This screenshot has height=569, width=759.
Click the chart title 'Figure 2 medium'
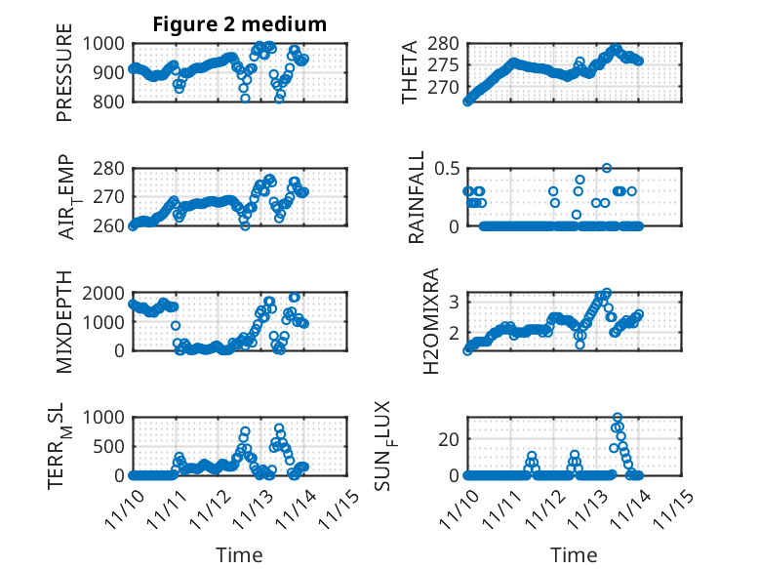click(x=239, y=24)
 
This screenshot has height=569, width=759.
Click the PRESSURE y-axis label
click(x=64, y=79)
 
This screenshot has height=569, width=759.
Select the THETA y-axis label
click(x=411, y=71)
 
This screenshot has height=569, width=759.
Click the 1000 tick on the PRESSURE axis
click(x=103, y=44)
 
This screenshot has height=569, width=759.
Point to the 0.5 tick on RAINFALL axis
click(x=446, y=168)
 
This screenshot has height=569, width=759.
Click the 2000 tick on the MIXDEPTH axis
click(x=103, y=293)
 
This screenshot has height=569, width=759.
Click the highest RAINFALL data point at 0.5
click(x=607, y=168)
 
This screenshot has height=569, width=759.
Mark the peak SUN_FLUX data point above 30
click(x=617, y=418)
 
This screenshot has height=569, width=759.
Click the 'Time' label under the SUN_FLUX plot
click(x=575, y=555)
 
